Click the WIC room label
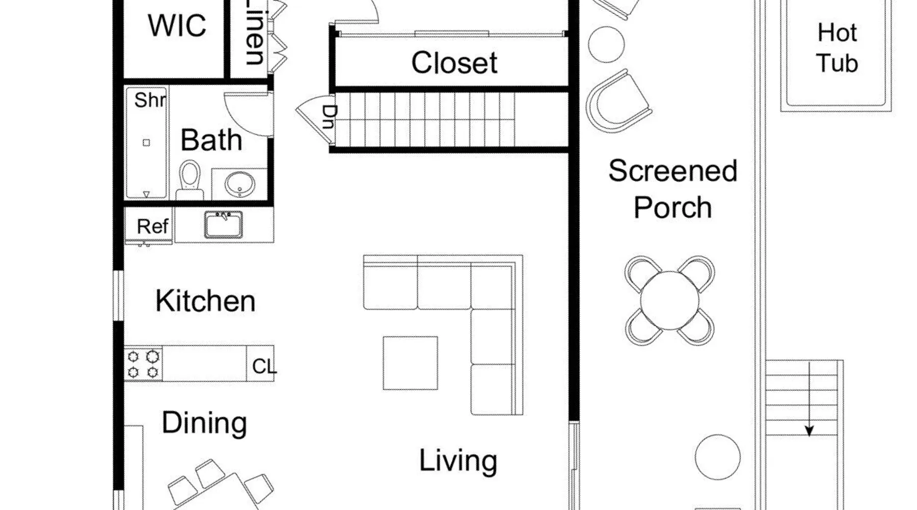pyautogui.click(x=177, y=25)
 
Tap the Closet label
pyautogui.click(x=454, y=63)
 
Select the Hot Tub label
pyautogui.click(x=837, y=48)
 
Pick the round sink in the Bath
pyautogui.click(x=240, y=184)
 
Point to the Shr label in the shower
pyautogui.click(x=150, y=100)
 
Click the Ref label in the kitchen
pyautogui.click(x=152, y=226)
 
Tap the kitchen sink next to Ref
pyautogui.click(x=224, y=225)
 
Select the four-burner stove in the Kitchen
pyautogui.click(x=143, y=364)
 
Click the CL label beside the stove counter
pyautogui.click(x=264, y=366)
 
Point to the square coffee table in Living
pyautogui.click(x=410, y=363)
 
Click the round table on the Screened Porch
pyautogui.click(x=670, y=300)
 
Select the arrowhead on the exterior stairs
pyautogui.click(x=809, y=431)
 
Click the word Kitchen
pyautogui.click(x=205, y=301)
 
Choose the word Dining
pyautogui.click(x=204, y=423)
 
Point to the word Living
pyautogui.click(x=458, y=461)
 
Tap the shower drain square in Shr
pyautogui.click(x=146, y=143)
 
